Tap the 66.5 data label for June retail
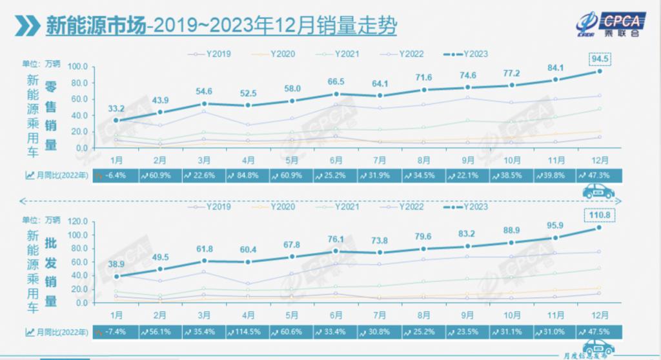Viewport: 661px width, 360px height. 336,81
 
